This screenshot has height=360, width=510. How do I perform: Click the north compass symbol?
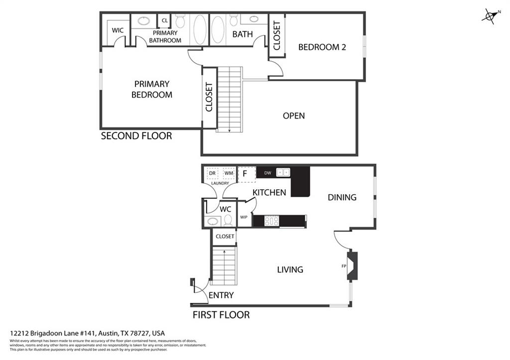(x=490, y=16)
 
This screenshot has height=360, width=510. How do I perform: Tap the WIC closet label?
(x=118, y=30)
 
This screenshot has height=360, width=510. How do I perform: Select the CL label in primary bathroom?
(x=164, y=21)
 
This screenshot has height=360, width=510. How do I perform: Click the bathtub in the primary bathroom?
(x=200, y=29)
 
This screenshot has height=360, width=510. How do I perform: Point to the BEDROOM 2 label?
(x=322, y=47)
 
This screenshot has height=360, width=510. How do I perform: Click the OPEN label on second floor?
(x=293, y=116)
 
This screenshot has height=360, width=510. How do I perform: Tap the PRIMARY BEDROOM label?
(x=151, y=89)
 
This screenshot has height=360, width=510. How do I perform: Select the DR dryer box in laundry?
(x=212, y=174)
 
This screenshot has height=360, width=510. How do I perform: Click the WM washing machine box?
(x=229, y=174)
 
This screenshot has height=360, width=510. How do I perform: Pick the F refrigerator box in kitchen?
(x=245, y=174)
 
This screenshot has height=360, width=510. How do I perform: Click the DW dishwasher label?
(x=267, y=173)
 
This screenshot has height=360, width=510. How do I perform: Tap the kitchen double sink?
(x=283, y=173)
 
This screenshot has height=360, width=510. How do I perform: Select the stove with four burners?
(x=271, y=221)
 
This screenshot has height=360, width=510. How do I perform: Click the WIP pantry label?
(x=244, y=217)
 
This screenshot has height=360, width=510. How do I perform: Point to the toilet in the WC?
(x=228, y=220)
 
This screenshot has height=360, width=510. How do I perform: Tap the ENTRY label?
(x=221, y=295)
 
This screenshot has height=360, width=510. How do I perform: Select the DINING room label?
(x=342, y=197)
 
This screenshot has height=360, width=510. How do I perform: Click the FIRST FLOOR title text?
(x=221, y=315)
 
